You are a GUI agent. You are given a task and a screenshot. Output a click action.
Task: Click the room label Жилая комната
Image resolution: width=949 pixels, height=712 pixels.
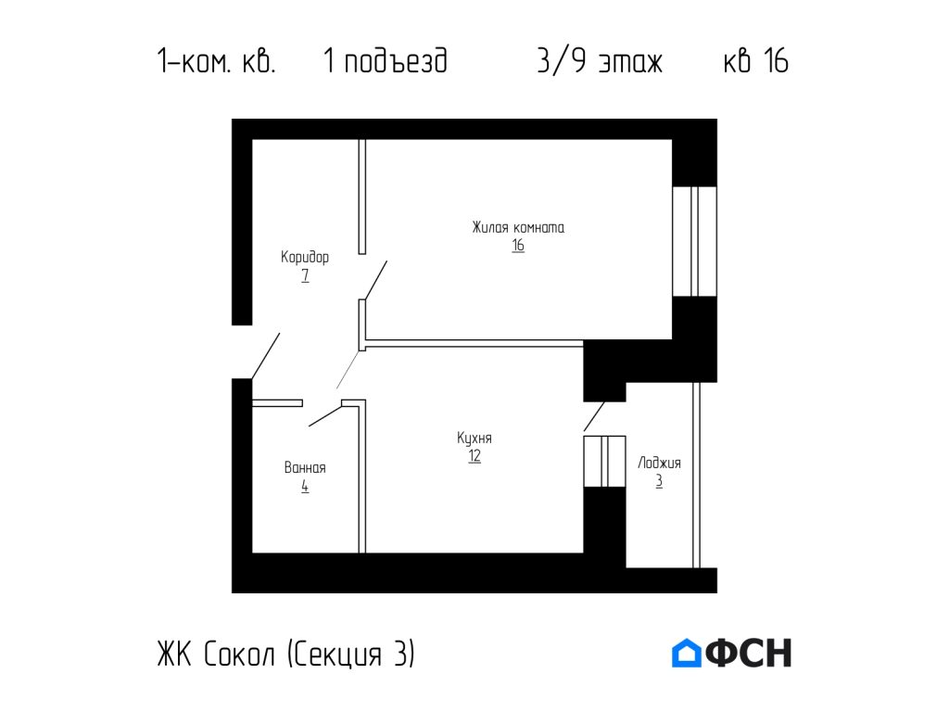click(x=518, y=227)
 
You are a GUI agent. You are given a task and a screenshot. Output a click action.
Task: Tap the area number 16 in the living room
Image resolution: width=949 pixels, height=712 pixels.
click(x=518, y=247)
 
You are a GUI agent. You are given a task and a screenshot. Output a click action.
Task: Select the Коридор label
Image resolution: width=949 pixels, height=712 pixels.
click(x=305, y=257)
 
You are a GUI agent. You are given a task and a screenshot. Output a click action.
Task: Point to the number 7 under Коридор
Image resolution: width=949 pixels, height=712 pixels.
click(x=305, y=276)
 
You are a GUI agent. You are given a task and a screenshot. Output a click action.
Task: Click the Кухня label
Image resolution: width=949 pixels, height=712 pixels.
click(x=474, y=438)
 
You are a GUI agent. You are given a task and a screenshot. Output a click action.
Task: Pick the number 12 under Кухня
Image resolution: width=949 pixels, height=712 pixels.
click(x=474, y=457)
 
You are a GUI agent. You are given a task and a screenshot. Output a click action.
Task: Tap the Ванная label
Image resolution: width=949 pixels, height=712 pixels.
click(x=305, y=467)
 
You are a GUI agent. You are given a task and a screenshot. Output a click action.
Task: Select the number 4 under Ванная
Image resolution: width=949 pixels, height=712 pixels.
click(x=305, y=487)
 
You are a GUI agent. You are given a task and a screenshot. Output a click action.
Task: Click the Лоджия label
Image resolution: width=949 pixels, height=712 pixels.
click(x=659, y=463)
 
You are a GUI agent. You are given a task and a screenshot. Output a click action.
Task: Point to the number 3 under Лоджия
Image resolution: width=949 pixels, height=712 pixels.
click(x=659, y=482)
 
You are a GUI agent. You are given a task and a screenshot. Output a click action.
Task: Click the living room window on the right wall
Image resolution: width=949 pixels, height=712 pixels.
click(x=694, y=241)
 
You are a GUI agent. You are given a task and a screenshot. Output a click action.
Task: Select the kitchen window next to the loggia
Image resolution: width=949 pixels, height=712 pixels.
click(x=604, y=461)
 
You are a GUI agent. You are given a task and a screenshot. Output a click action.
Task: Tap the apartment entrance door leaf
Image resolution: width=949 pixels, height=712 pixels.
click(x=265, y=355)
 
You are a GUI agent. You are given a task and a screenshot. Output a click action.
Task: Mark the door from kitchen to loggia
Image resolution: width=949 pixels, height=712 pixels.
click(x=594, y=416)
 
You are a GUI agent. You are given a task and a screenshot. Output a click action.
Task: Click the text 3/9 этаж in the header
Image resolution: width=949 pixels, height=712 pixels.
click(x=600, y=62)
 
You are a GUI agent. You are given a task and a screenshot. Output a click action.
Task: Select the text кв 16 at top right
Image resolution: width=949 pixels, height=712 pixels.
click(x=755, y=62)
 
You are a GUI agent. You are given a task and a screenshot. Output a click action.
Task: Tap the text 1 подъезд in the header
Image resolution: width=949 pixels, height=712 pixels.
click(x=386, y=62)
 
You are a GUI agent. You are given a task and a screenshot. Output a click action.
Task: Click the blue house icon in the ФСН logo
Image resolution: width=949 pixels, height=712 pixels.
click(x=686, y=653)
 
